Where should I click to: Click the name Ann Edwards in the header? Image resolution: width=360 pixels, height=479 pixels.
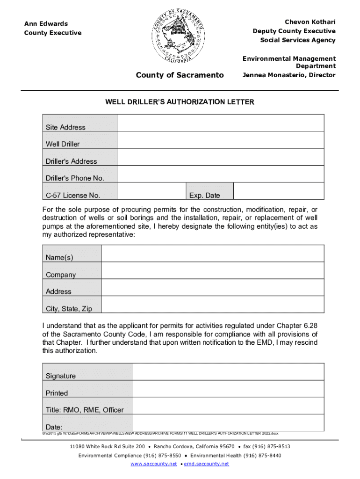(x=46, y=24)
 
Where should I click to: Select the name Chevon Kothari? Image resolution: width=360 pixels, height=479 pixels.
(x=310, y=22)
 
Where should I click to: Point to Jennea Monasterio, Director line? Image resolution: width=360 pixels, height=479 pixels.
(x=288, y=75)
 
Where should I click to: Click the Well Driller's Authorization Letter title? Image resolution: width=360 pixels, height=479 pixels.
(x=180, y=102)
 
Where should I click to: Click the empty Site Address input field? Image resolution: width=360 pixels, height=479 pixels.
(x=220, y=123)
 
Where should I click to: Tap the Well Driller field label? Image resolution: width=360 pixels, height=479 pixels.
(x=63, y=144)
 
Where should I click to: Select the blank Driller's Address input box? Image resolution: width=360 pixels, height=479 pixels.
(x=220, y=157)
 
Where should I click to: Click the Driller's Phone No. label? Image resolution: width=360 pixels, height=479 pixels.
(x=75, y=178)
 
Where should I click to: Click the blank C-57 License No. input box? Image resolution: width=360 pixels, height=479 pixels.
(x=151, y=191)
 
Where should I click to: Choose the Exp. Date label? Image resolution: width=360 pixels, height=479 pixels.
(x=204, y=196)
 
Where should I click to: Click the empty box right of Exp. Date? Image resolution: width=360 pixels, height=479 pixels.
(x=278, y=191)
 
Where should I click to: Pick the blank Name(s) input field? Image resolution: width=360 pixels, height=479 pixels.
(x=212, y=254)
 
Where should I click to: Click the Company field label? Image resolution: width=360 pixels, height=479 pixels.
(x=61, y=275)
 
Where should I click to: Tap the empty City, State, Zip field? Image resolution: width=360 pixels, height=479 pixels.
(x=212, y=304)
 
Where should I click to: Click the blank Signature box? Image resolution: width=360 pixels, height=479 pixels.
(x=228, y=372)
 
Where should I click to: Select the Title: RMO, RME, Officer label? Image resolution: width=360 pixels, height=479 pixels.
(x=85, y=410)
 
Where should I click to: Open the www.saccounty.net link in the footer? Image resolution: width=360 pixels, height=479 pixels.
(x=154, y=464)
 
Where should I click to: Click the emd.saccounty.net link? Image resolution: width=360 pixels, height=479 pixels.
(x=207, y=464)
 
